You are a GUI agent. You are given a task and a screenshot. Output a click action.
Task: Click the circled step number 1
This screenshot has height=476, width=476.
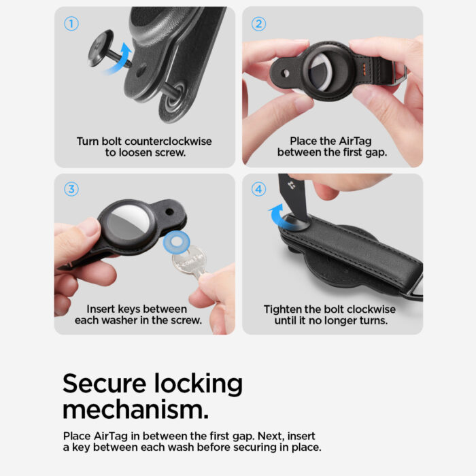(71, 24)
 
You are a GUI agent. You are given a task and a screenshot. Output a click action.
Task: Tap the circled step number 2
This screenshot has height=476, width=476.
(258, 24)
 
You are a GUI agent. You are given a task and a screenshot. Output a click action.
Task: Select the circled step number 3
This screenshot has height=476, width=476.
(71, 189)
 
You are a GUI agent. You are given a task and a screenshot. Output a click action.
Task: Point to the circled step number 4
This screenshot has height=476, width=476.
(258, 189)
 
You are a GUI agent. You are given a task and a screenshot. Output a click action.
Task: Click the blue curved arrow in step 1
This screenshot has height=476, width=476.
(124, 56)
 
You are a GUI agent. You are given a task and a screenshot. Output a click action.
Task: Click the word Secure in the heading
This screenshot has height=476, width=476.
(106, 384)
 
